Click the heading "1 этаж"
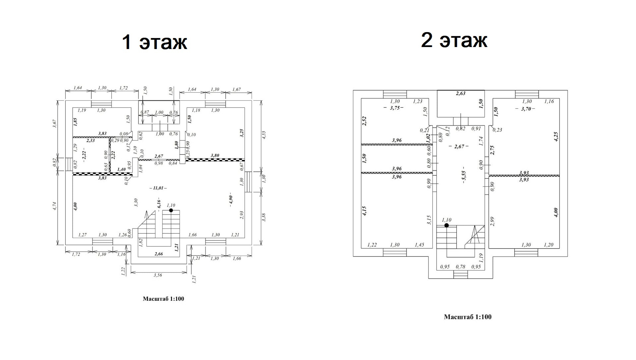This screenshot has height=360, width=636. tap(154, 42)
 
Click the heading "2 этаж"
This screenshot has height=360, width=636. tap(454, 40)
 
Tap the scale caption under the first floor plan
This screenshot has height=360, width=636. tap(163, 299)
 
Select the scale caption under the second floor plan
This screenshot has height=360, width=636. tap(468, 317)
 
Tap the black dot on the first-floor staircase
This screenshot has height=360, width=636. tap(171, 210)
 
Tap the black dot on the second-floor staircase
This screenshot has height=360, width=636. tap(446, 225)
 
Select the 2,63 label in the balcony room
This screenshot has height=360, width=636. tap(461, 93)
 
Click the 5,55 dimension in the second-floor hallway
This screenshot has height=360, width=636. tap(463, 175)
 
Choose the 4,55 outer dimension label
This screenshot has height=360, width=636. tap(264, 135)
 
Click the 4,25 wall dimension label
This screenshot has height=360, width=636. tap(556, 137)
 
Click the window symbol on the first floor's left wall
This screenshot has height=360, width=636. tap(69, 164)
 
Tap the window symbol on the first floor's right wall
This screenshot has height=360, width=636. tap(249, 182)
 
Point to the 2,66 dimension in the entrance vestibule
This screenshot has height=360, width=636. tap(158, 254)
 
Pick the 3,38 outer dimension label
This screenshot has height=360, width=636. tap(264, 217)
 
